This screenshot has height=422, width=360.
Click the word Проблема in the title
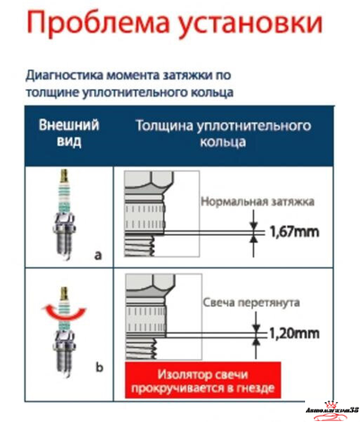coord(85,28)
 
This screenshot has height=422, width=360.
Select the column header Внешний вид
coord(68,135)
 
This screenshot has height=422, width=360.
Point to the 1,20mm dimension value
coord(293,334)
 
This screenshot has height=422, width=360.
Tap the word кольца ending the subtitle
coord(215,92)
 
